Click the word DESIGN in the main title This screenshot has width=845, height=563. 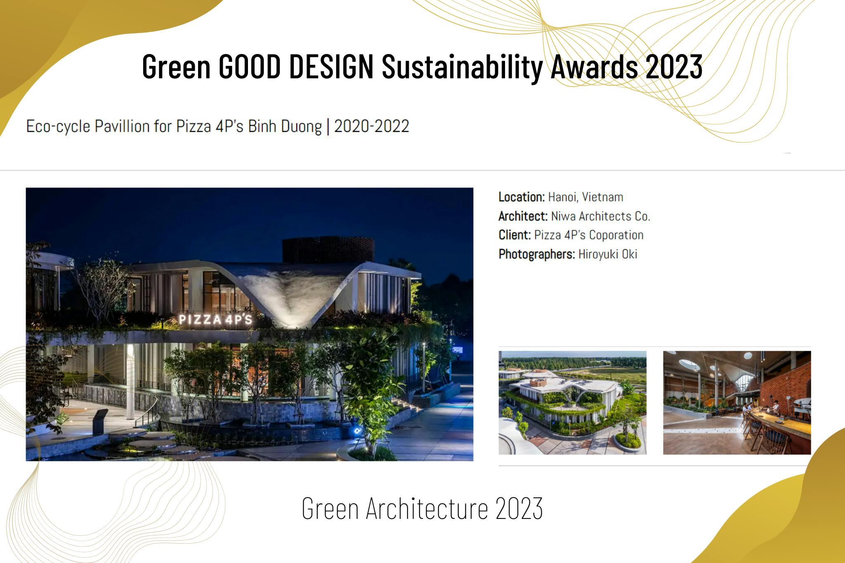(x=331, y=67)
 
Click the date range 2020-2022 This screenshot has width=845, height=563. (x=371, y=126)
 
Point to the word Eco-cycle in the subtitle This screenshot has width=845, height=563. (x=58, y=126)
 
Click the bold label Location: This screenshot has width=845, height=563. (x=522, y=197)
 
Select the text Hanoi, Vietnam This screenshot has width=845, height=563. (x=585, y=197)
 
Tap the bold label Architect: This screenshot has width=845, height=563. (x=523, y=216)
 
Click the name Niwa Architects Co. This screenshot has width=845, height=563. (x=600, y=216)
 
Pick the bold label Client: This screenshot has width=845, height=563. (x=515, y=235)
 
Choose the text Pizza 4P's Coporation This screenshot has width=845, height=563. (x=589, y=235)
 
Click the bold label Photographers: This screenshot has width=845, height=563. (x=536, y=254)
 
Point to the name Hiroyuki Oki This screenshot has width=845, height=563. (x=608, y=254)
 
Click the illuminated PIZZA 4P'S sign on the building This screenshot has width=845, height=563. (x=215, y=319)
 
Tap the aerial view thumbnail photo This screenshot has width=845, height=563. (x=572, y=402)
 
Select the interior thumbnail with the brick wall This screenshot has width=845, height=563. (x=737, y=402)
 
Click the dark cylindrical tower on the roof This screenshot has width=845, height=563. (x=328, y=250)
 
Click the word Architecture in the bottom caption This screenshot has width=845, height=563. (x=427, y=509)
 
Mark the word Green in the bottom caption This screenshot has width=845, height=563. (x=330, y=509)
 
